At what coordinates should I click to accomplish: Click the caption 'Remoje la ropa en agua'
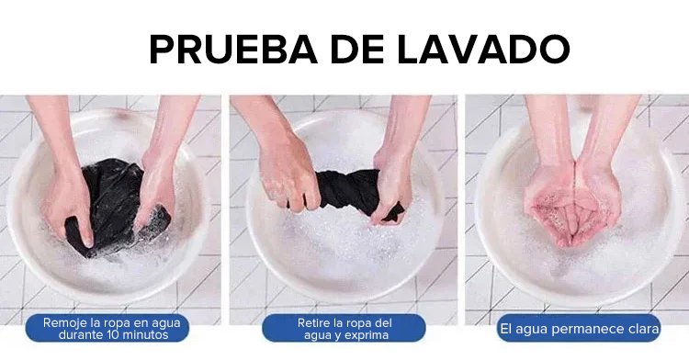pos(111,322)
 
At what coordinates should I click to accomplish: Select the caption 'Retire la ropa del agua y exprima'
pos(344,329)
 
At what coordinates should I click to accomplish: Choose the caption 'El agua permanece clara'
pos(580,329)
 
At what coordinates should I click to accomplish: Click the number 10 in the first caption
pos(113,335)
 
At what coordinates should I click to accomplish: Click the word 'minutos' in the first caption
pos(145,335)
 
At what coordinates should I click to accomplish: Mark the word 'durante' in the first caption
pos(81,335)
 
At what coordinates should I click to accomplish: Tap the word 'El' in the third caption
pos(505,329)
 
